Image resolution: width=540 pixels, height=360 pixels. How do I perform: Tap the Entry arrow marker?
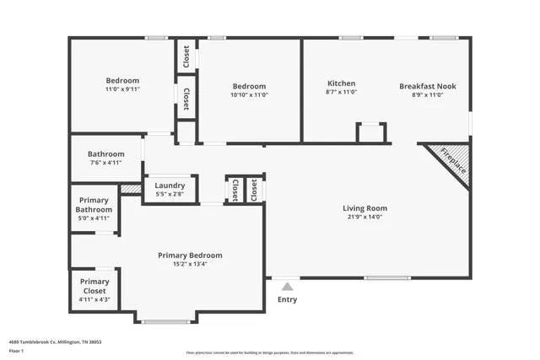coord(288,287)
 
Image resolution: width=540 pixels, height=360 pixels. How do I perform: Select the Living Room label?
coord(364,207)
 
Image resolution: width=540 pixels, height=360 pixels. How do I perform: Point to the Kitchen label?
coord(341,84)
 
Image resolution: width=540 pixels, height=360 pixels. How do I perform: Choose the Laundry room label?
coord(170,185)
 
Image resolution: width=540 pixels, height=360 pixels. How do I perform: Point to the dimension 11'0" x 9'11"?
coord(122,89)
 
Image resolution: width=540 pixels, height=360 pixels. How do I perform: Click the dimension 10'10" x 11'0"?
coord(249,95)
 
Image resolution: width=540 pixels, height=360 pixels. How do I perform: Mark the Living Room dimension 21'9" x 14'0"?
coord(364,217)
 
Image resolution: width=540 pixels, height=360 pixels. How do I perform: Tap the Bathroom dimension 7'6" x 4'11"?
coord(107,163)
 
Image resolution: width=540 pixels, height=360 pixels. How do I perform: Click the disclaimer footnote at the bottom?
coord(269,352)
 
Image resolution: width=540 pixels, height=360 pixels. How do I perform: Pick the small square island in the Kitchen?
coord(370,132)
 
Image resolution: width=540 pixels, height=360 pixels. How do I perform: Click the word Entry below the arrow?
coord(288,299)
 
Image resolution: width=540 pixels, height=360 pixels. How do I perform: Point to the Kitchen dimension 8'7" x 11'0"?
coord(341,94)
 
